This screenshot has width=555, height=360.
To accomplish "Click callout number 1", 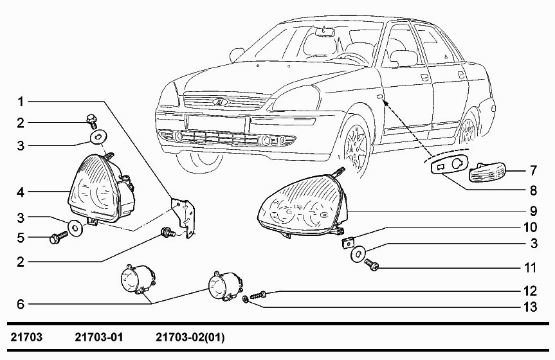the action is tap(21, 102).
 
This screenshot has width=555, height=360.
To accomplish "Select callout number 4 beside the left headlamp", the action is tap(21, 192).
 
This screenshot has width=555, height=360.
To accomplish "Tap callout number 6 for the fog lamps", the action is tap(21, 304).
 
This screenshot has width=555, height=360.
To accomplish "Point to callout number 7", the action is tap(533, 170).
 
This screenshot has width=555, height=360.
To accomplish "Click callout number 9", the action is tap(533, 211).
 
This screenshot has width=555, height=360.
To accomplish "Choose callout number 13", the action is tap(530, 307).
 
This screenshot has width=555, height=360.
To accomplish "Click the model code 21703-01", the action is tap(99, 337).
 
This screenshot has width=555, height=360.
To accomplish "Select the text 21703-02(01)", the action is tap(190, 337).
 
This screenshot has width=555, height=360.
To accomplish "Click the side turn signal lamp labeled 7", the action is tap(487, 174).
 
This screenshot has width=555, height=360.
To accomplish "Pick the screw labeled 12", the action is tap(258, 295).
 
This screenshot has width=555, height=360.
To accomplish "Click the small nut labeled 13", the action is tap(244, 300).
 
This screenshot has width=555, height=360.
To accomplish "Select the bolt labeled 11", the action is tap(371, 264).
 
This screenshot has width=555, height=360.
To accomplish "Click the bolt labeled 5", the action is tap(59, 237).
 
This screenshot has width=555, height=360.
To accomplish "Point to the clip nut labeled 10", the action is tap(347, 243).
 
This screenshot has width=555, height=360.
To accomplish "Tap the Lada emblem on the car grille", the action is tap(221, 102).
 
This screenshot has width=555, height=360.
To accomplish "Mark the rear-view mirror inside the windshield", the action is tap(325, 32).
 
